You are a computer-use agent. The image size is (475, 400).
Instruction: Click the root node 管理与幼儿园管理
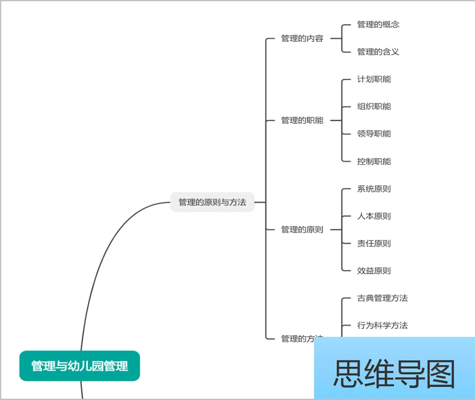tap(80, 366)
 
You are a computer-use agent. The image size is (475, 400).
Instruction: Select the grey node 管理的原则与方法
tap(212, 202)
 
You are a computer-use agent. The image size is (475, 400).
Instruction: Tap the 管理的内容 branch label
tap(302, 39)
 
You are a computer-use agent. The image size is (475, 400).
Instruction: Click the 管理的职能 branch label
tap(302, 121)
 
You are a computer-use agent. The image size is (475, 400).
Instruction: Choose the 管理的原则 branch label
tap(302, 230)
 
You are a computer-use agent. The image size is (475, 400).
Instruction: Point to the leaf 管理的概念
tap(378, 25)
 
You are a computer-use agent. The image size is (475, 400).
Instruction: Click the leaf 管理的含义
tap(378, 52)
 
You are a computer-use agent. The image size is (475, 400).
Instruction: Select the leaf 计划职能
tap(374, 79)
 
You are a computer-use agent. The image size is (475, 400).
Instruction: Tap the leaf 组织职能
tap(374, 106)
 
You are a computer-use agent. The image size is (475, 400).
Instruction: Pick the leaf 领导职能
tap(374, 134)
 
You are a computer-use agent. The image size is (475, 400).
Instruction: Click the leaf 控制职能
tap(374, 161)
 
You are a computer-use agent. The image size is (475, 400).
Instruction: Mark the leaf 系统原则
tap(374, 189)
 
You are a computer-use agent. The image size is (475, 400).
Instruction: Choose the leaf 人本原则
tap(374, 217)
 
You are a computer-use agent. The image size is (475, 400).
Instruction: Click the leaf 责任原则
tap(374, 244)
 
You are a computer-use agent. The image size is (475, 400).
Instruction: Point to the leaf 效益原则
tap(374, 271)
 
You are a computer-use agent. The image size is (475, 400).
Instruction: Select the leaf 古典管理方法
tap(382, 298)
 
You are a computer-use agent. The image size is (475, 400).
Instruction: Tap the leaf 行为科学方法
tap(382, 326)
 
